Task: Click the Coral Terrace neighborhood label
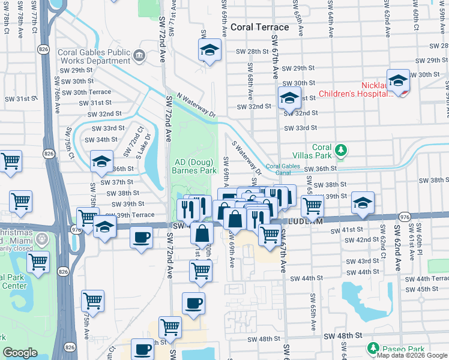point(259,27)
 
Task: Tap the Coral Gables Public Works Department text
point(94,56)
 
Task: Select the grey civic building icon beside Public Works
point(139,55)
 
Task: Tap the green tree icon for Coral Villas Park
point(341,149)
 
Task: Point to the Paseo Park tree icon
point(373,348)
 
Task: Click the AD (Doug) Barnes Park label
point(194,166)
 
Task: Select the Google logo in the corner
point(20,353)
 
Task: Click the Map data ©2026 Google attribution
point(412,355)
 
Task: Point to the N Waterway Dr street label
point(196,104)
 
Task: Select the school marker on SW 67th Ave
point(289,98)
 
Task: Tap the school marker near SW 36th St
point(101,161)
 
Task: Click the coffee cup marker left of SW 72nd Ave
point(141,237)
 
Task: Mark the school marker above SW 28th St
point(209,50)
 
